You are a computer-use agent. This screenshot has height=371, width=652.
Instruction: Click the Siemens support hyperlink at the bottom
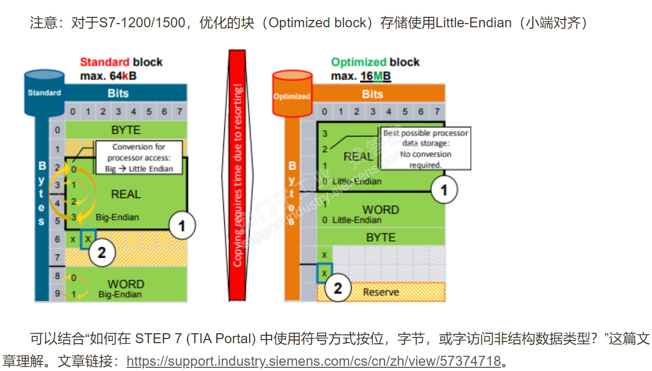point(314,362)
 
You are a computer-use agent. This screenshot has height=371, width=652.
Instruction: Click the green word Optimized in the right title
point(358,62)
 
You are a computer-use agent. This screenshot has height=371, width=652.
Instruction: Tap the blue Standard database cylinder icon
point(45,93)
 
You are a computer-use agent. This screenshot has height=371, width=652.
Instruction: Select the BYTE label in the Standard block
point(126,130)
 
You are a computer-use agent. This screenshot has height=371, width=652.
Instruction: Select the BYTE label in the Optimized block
point(381,238)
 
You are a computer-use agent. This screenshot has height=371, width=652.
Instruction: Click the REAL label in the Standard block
point(126,194)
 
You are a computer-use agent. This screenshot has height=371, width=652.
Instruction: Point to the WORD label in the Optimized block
point(381,210)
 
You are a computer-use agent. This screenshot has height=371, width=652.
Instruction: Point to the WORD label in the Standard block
point(126,284)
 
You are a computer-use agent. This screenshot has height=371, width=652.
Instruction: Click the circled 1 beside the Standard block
point(182,227)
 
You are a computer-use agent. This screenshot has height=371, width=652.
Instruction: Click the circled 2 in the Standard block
point(101,253)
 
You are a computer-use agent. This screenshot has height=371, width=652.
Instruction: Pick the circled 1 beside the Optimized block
point(444,189)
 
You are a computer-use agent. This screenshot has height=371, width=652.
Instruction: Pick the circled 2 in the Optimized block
point(338,288)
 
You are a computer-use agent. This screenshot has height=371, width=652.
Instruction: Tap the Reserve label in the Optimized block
point(381,292)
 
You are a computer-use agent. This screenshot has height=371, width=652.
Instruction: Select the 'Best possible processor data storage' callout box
point(425,149)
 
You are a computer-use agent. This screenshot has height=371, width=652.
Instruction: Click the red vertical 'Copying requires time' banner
point(239,175)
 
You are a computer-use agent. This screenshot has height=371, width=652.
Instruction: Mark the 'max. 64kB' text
point(108,76)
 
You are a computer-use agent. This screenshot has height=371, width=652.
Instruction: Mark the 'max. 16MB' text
point(361,77)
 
